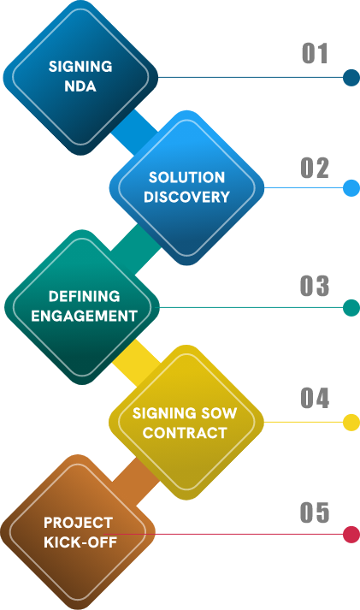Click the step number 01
coord(315,53)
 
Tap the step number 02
coord(315,168)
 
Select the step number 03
coord(315,286)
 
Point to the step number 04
coord(315,398)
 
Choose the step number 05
coord(315,512)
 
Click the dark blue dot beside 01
coord(351,77)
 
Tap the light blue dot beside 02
coord(351,188)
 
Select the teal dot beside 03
coord(351,308)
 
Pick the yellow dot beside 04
coord(351,423)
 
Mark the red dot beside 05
coord(351,534)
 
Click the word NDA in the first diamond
coord(80,86)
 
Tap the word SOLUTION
coord(186,177)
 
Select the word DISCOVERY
coord(186,197)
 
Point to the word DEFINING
coord(84,296)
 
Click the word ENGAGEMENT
coord(84,316)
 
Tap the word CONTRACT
coord(185,433)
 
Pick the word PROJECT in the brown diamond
coord(78,523)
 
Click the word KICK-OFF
coord(80,542)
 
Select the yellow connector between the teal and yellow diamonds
coord(136,363)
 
